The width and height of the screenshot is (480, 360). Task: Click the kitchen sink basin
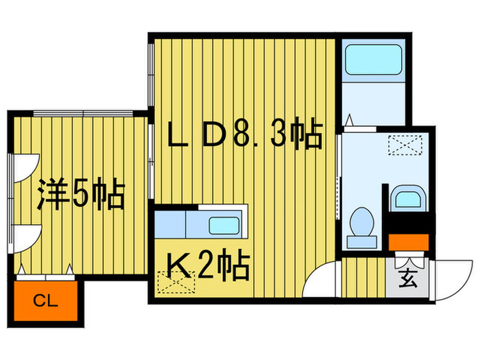(x=224, y=226)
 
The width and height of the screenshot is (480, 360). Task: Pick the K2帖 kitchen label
(x=204, y=265)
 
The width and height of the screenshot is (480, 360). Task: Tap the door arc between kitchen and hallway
(x=321, y=278)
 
